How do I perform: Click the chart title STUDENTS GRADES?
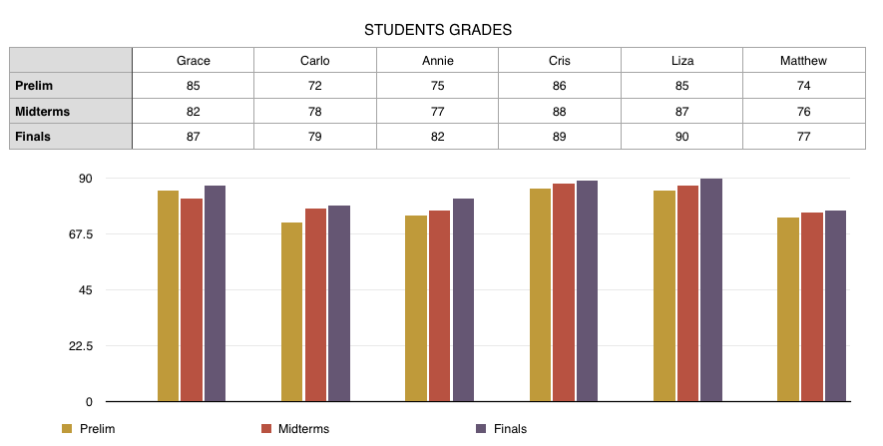coord(438,30)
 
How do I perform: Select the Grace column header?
coord(194,61)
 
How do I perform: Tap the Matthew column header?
coord(803,61)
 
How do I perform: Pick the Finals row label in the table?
coord(32,137)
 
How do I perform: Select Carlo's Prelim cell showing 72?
coord(315,86)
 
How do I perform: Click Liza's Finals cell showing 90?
coord(681,137)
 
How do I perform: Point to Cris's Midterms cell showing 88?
coord(559,111)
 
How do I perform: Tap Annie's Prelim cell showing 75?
coord(437,86)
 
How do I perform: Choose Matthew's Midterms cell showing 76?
coord(803,111)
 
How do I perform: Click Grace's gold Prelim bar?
coord(168,296)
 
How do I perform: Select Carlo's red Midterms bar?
coord(315,305)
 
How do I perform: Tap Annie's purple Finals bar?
coord(463,300)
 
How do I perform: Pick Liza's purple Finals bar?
coord(711,290)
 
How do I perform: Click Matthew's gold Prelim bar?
coord(787,309)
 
